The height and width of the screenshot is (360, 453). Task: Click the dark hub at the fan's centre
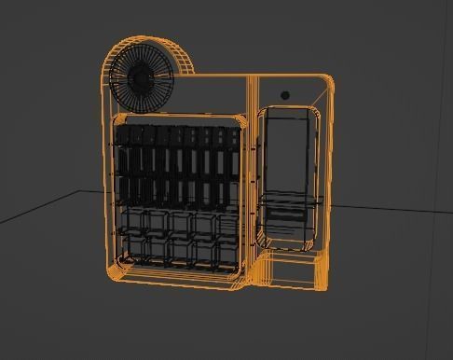[x=141, y=80]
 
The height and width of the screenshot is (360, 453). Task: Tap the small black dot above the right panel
[x=285, y=95]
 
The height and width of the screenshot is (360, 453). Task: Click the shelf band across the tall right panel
[x=289, y=200]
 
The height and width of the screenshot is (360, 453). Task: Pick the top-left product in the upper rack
[x=126, y=137]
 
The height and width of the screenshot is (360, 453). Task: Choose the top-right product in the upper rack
[x=223, y=137]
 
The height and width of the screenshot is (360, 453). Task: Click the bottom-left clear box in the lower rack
[x=133, y=248]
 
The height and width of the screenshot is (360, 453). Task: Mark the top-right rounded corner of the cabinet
[x=326, y=80]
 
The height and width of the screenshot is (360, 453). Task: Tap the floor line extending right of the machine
[x=391, y=206]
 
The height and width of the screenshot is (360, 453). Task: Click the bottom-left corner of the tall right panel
[x=264, y=244]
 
